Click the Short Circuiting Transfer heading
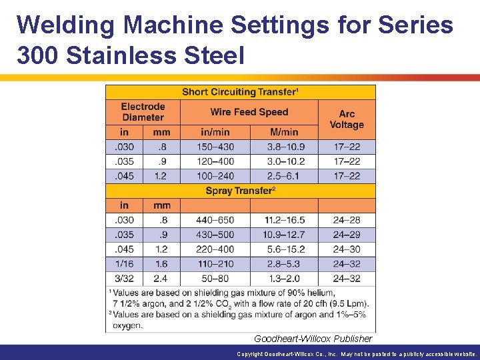coord(240,92)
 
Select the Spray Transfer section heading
coord(240,191)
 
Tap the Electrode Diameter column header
coord(143,111)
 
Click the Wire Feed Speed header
coord(249,112)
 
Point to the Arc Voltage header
coord(347,119)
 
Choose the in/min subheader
coord(215,132)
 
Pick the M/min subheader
coord(284,132)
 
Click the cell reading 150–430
coord(215,147)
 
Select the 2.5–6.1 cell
coord(284,176)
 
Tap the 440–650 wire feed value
coord(215,220)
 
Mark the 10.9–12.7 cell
coord(284,235)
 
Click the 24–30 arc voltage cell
coord(347,249)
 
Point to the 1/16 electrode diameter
coord(124,264)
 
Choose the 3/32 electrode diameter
coord(124,279)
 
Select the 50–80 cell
coord(215,279)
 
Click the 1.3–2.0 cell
coord(284,279)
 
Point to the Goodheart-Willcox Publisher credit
coord(313,339)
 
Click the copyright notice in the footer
coord(357,354)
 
